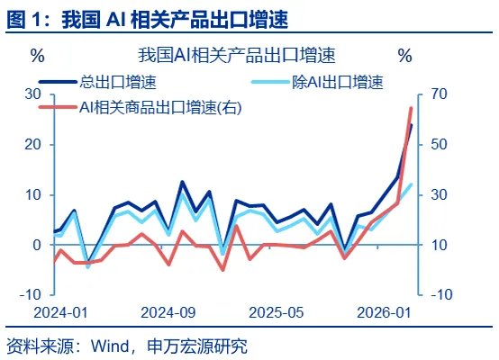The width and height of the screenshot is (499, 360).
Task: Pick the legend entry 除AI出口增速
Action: pyautogui.click(x=338, y=83)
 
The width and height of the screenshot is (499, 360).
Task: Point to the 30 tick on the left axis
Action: pyautogui.click(x=32, y=94)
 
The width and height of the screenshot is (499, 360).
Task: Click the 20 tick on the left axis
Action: pyautogui.click(x=32, y=145)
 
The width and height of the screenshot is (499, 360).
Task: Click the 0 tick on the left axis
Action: pyautogui.click(x=37, y=245)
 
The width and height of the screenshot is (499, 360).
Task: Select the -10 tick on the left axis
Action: pyautogui.click(x=30, y=294)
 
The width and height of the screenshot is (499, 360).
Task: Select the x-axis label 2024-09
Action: pyautogui.click(x=168, y=312)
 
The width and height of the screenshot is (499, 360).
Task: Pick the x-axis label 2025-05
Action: pyautogui.click(x=277, y=312)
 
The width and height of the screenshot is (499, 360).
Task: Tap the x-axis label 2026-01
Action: pyautogui.click(x=385, y=312)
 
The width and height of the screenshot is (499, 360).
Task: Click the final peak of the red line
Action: pyautogui.click(x=411, y=108)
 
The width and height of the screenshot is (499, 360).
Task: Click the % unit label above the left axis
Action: pyautogui.click(x=37, y=56)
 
